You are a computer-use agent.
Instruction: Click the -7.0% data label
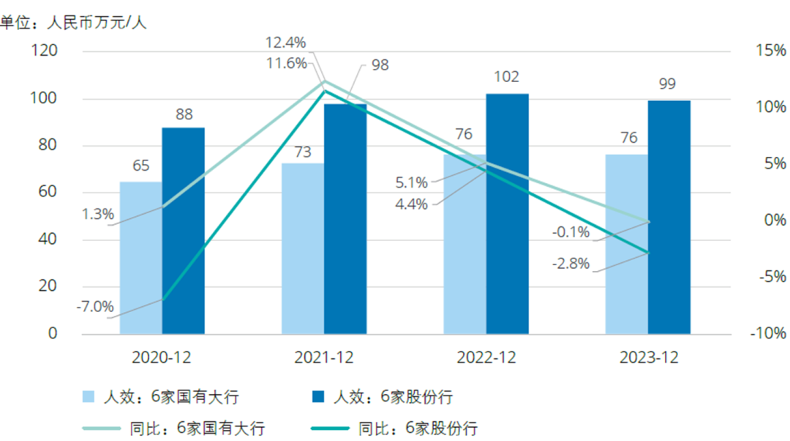(95, 307)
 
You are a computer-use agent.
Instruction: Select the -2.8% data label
(571, 264)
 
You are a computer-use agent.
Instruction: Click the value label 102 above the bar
(507, 77)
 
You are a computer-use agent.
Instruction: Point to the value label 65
(140, 166)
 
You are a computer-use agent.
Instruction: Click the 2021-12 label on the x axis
(324, 358)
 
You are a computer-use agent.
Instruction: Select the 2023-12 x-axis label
(649, 358)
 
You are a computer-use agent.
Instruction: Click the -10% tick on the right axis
(767, 334)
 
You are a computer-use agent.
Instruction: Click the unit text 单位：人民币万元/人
(73, 23)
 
